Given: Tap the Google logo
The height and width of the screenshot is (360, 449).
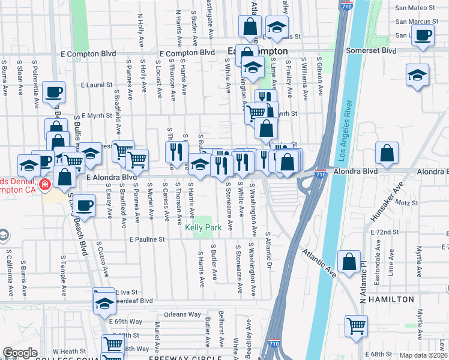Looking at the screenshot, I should (20, 353).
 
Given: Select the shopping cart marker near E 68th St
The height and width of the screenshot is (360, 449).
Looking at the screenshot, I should (356, 326).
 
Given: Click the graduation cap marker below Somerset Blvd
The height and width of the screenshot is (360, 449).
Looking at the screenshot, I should (417, 75).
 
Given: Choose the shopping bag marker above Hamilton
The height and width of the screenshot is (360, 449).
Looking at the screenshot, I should (349, 261).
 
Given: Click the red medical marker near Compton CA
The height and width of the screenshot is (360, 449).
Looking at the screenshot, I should (44, 184).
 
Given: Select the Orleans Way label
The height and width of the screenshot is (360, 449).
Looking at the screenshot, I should (183, 314).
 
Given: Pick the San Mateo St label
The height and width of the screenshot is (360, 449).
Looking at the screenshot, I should (415, 8).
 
